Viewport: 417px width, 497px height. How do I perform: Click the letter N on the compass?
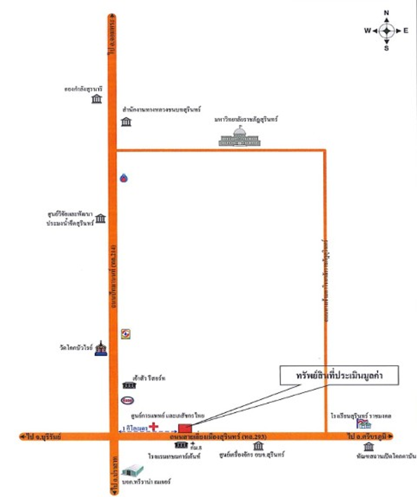[386, 13]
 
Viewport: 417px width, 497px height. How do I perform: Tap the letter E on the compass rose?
[406, 31]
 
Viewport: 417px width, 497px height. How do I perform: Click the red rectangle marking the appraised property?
[185, 428]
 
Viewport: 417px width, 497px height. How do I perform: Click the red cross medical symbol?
[153, 426]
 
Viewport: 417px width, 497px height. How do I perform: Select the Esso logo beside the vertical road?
[127, 400]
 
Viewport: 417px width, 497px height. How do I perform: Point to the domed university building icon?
[239, 137]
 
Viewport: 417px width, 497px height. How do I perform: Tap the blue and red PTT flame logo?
[124, 178]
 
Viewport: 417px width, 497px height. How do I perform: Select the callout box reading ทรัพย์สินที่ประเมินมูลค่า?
[339, 375]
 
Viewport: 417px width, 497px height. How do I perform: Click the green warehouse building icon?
[133, 470]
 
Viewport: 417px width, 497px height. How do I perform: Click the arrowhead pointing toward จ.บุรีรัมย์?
[22, 437]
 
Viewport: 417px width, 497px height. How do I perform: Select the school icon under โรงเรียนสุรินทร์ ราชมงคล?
[364, 424]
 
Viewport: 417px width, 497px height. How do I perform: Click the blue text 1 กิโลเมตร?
[135, 428]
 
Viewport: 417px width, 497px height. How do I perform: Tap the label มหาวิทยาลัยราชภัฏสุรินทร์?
[246, 120]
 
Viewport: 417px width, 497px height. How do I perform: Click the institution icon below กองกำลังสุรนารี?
[97, 99]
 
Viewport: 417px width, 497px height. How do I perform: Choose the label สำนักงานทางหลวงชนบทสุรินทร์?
[162, 110]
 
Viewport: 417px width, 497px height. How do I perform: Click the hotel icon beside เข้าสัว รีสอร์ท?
[129, 385]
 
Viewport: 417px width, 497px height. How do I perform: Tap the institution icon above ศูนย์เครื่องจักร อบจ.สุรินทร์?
[258, 446]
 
